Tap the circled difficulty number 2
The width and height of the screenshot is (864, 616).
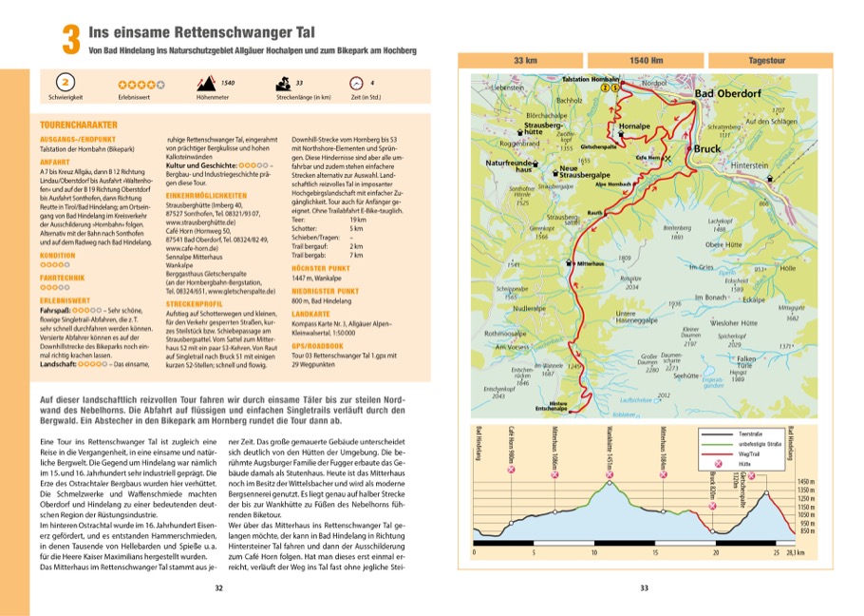pyautogui.click(x=66, y=84)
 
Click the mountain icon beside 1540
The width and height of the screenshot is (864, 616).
pyautogui.click(x=211, y=83)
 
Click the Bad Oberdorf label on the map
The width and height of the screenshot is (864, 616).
pyautogui.click(x=730, y=94)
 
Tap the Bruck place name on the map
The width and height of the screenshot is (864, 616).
pyautogui.click(x=706, y=150)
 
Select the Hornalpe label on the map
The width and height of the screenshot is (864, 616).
pyautogui.click(x=633, y=125)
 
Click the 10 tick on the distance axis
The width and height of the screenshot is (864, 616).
pyautogui.click(x=594, y=550)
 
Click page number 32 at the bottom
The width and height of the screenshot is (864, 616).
pyautogui.click(x=219, y=588)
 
